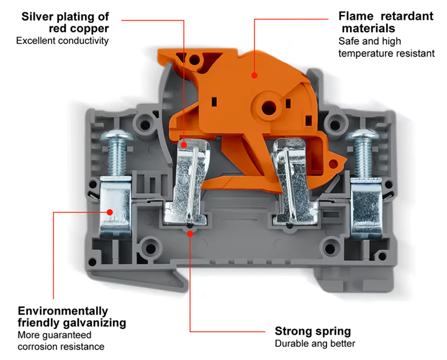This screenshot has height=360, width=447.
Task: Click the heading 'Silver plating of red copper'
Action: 65,22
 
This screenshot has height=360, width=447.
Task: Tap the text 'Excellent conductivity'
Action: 62,41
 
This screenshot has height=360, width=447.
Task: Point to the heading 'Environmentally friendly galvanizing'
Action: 71,317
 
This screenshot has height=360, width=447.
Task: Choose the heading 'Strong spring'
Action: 312,331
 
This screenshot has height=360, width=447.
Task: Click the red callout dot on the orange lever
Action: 254,75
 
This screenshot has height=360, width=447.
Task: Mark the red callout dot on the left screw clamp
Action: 111,212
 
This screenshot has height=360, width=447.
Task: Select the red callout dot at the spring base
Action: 189,231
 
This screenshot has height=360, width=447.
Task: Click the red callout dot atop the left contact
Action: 184,132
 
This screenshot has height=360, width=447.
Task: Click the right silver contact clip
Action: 292,180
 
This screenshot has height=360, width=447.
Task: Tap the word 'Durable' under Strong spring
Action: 292,344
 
